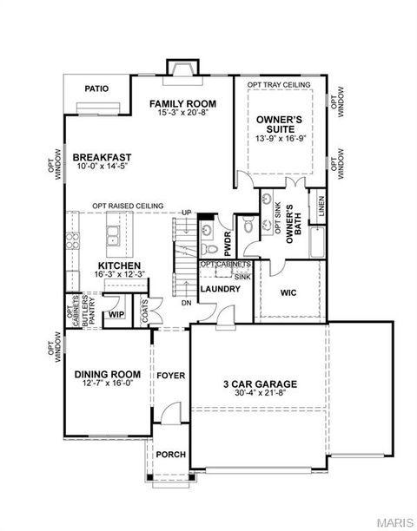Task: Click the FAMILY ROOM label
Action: [182, 103]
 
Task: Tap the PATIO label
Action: [96, 88]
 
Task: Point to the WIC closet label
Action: [288, 293]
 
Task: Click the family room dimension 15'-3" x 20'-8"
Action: [182, 113]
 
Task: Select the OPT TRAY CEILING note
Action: [279, 84]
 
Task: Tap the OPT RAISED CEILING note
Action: [129, 205]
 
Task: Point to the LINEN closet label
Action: [321, 206]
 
